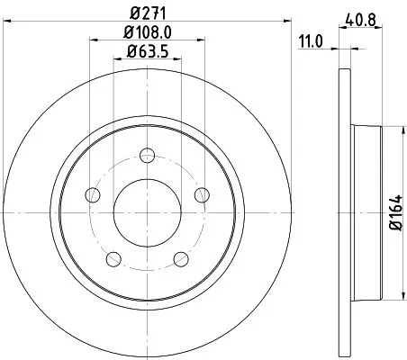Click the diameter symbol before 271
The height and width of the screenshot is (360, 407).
click(x=133, y=13)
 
